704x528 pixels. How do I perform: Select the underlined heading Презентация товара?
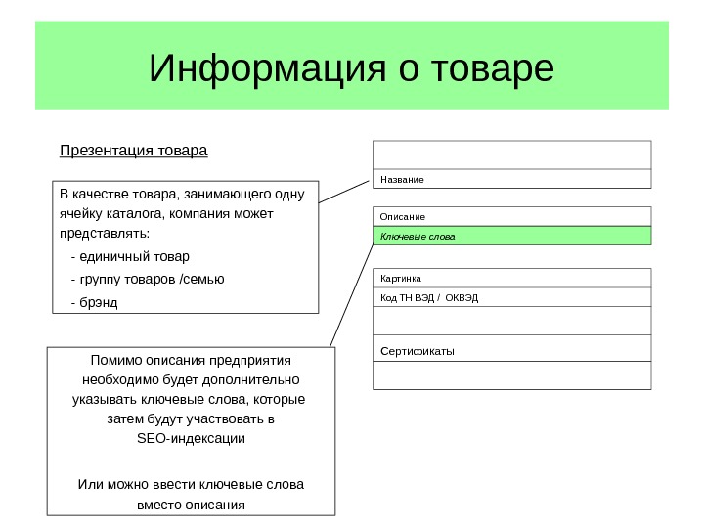point(134,152)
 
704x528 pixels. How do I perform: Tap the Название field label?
point(402,180)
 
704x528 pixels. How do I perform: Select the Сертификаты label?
point(418,350)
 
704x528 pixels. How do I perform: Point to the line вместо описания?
point(190,506)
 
